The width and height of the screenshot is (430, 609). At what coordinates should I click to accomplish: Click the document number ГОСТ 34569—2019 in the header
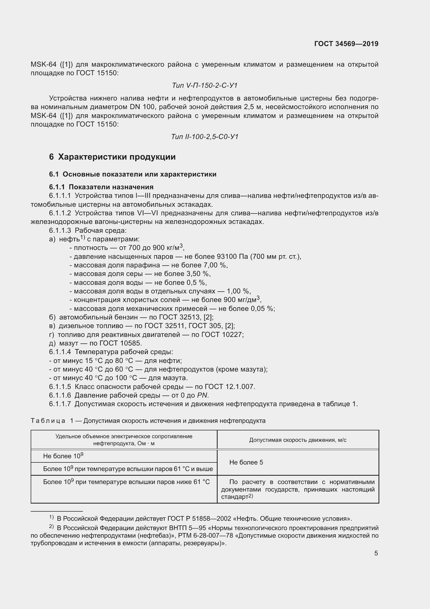(346, 44)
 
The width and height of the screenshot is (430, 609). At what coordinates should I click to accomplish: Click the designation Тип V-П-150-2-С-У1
(205, 85)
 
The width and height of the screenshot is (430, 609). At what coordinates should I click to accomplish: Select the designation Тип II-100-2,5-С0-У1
(205, 137)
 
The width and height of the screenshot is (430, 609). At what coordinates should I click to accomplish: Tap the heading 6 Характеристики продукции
(112, 157)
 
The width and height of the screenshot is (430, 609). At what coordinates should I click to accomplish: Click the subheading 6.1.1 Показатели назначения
(101, 187)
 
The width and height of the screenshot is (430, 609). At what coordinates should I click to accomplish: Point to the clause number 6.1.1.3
(60, 230)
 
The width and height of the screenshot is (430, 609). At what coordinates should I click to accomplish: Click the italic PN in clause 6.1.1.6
(202, 395)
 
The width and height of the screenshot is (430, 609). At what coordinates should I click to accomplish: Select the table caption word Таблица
(48, 421)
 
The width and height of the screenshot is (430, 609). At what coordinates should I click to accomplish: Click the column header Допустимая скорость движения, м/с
(298, 440)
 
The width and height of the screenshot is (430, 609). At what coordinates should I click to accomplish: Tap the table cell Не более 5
(246, 462)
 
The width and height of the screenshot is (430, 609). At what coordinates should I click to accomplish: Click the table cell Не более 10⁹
(63, 456)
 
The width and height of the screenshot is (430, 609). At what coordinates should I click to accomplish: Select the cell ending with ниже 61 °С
(126, 482)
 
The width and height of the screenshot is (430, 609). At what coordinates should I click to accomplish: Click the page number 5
(376, 553)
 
